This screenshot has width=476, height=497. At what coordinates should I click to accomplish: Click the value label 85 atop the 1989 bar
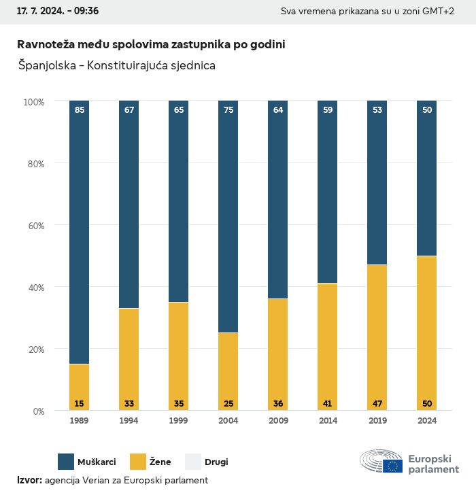(x=80, y=109)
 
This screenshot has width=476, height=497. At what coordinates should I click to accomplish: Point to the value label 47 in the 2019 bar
(x=377, y=404)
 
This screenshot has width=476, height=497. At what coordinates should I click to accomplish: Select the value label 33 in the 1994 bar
(x=129, y=404)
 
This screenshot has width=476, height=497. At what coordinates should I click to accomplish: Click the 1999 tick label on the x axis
(x=178, y=421)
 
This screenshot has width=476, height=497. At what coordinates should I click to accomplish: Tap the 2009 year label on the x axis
(x=277, y=421)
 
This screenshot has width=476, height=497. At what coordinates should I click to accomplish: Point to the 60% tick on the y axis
(x=34, y=225)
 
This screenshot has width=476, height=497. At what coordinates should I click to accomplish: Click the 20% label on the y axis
(x=34, y=349)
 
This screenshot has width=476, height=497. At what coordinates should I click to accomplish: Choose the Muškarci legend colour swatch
(x=67, y=462)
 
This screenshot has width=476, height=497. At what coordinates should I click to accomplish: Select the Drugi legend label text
(x=217, y=462)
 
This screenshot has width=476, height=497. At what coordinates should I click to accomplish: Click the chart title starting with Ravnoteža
(x=151, y=44)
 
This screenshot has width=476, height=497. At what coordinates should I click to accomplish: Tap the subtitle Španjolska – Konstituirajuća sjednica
(x=116, y=65)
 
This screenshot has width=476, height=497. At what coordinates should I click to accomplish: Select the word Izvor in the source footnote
(x=29, y=480)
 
